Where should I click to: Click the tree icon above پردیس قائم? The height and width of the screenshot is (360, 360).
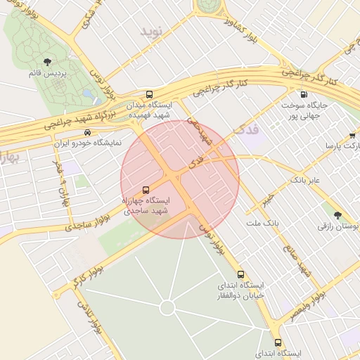click(x=48, y=63)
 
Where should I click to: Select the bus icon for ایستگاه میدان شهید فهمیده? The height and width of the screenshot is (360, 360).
click(x=149, y=95)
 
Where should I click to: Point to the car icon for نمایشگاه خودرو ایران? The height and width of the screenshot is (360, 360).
click(x=87, y=132)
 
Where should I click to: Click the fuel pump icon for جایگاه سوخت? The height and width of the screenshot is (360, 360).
click(x=304, y=95)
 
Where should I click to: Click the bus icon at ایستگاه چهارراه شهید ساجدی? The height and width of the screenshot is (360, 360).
click(x=146, y=190)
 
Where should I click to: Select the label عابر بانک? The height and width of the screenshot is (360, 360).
click(x=305, y=181)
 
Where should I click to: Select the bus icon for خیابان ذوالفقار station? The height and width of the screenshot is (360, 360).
click(x=240, y=275)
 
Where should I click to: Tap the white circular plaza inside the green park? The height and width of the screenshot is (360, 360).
click(x=167, y=307)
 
